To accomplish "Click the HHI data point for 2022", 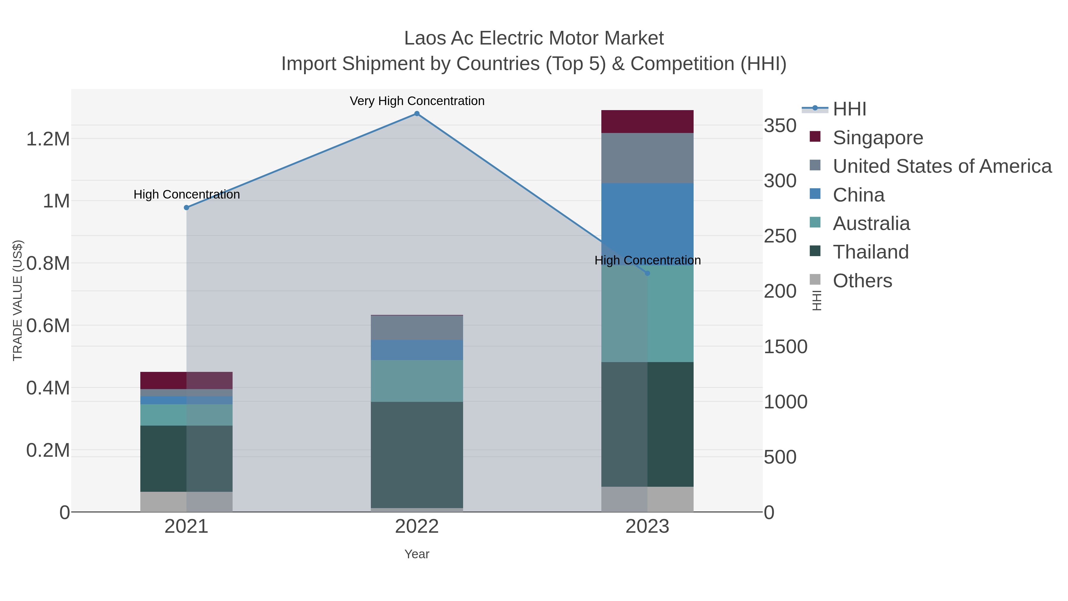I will click(x=417, y=114).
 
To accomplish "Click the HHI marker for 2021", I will click(x=187, y=207).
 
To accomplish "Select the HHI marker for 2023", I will click(x=647, y=273).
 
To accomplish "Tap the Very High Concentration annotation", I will click(x=417, y=101).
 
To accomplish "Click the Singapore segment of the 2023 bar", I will click(x=647, y=121).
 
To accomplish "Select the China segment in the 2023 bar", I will click(x=647, y=220).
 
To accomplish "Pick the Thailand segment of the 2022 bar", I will click(x=417, y=454).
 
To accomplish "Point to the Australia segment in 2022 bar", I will click(x=417, y=381).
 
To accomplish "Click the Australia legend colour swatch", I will click(x=815, y=222).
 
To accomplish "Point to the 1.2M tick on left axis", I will click(x=48, y=139).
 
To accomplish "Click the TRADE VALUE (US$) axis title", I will click(x=18, y=300).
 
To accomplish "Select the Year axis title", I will click(x=417, y=554).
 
